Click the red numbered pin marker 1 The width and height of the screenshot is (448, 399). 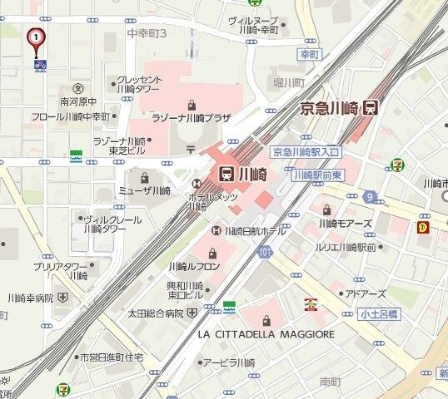coord(36,38)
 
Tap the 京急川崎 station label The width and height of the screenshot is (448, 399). coord(331,108)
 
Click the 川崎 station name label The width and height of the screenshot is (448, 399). coord(244,174)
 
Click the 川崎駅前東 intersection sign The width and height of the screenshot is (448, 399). coord(317,175)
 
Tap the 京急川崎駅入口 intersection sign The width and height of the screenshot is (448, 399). coord(306,152)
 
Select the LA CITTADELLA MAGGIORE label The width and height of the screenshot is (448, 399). coord(266,334)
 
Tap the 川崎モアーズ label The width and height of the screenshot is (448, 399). coord(343,223)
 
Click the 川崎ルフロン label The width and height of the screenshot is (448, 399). coord(194,267)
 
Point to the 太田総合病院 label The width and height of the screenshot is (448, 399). coord(155,313)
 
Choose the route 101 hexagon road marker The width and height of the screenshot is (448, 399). coord(265,250)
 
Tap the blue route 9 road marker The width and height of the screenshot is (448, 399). coord(368,197)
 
